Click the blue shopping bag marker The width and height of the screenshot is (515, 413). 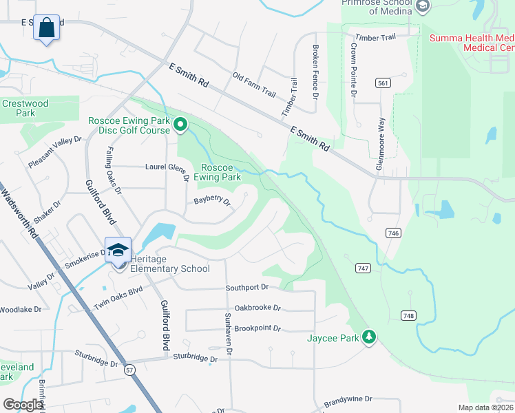[46, 28]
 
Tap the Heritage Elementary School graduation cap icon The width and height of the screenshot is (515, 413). [118, 249]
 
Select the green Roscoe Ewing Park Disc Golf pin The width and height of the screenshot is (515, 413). [180, 125]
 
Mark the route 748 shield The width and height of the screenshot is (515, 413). [408, 315]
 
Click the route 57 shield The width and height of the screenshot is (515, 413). [130, 370]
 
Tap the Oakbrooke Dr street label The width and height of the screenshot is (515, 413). [258, 308]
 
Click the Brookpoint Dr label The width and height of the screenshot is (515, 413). [257, 329]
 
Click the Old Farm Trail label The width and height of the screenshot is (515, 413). [253, 85]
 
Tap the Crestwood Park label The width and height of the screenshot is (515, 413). [25, 108]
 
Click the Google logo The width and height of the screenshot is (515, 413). [23, 405]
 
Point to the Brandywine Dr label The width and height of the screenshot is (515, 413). [348, 399]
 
